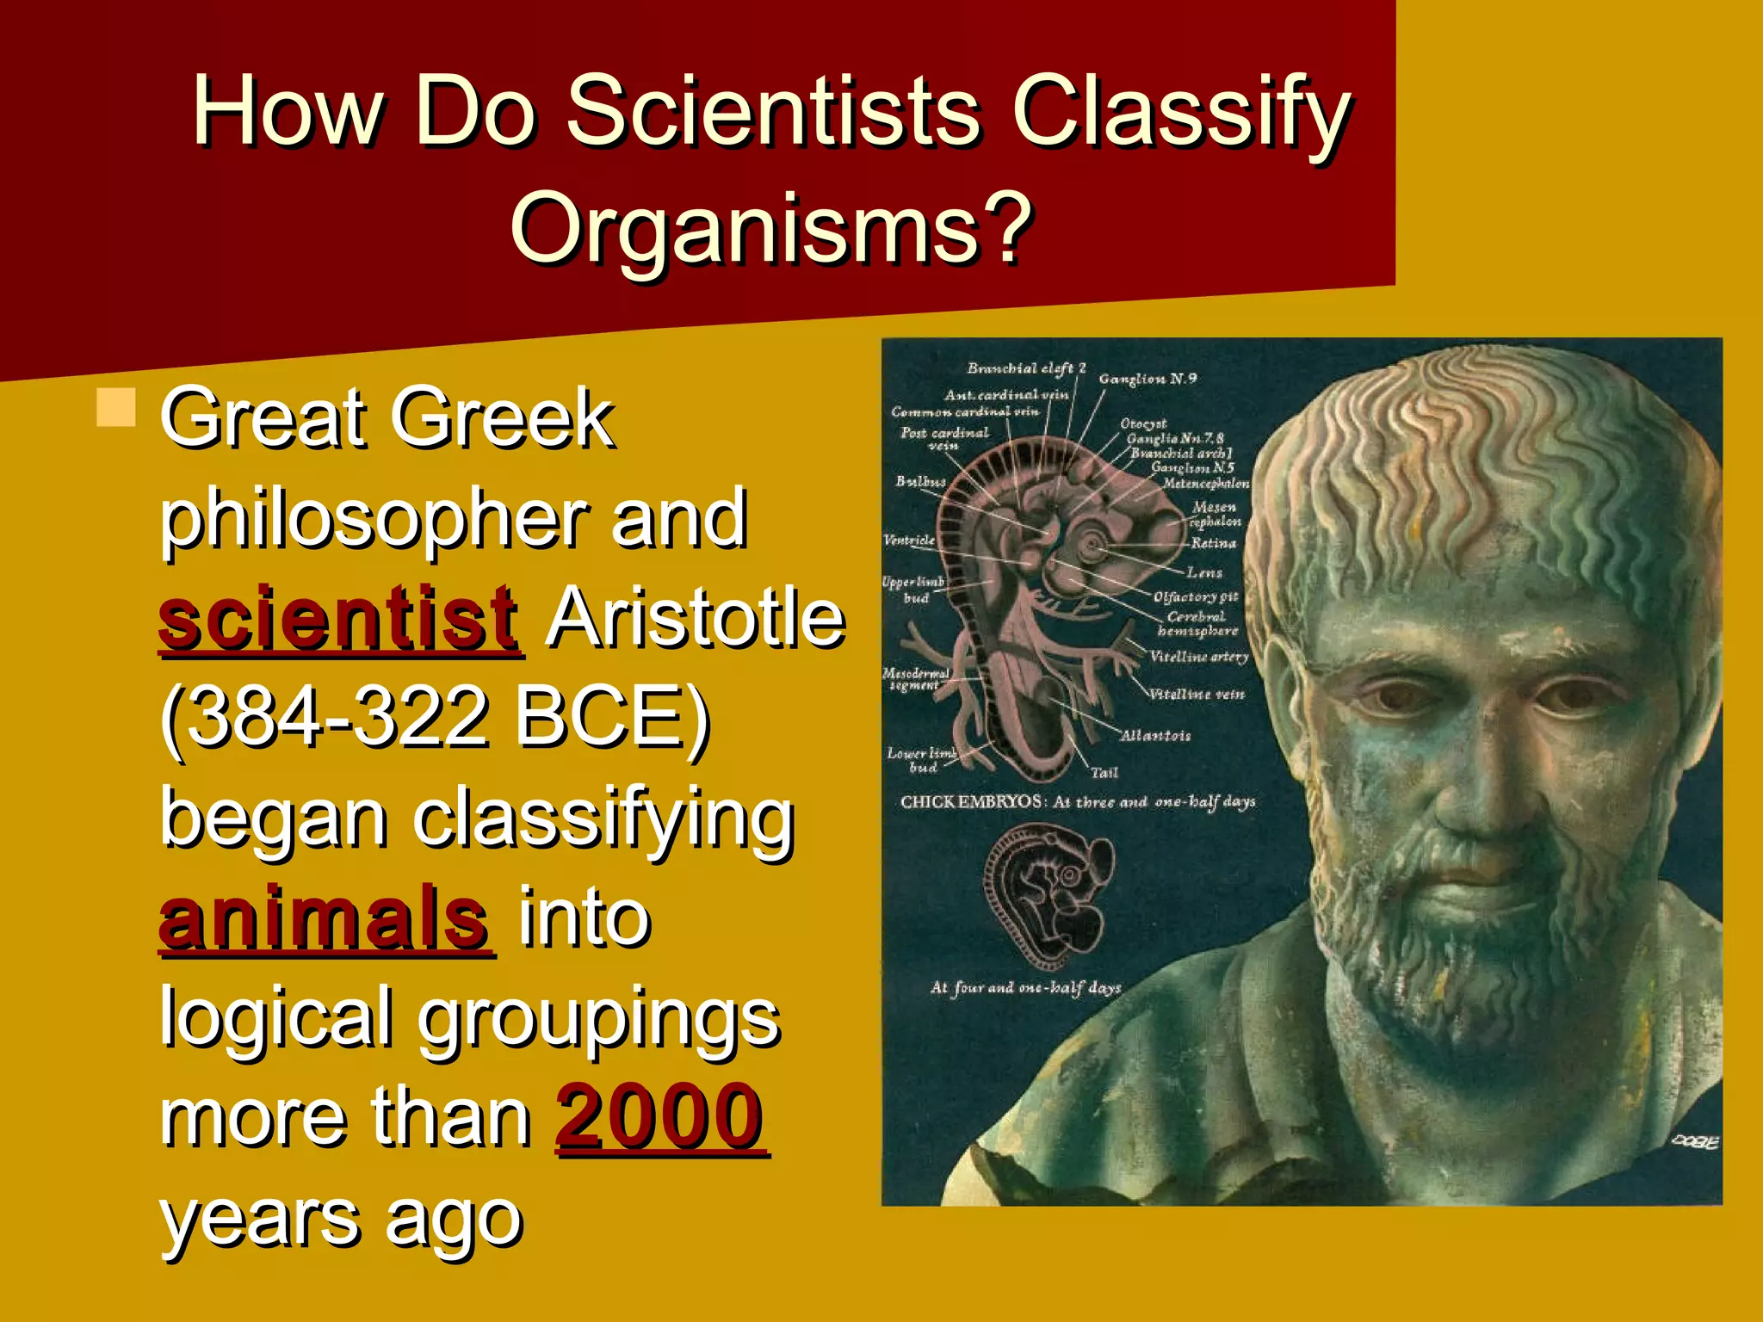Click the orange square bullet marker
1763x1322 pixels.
116,408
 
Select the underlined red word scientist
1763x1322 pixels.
339,617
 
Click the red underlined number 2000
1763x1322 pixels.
660,1116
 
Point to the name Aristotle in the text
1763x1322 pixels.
696,617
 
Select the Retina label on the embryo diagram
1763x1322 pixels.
1213,543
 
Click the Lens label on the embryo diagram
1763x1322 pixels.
1204,572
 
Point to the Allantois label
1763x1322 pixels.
1155,735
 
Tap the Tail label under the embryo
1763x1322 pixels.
1104,773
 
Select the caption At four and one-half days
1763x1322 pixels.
1025,988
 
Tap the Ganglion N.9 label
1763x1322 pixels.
1147,379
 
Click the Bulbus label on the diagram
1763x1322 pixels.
920,481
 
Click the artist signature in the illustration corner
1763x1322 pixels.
1694,1142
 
